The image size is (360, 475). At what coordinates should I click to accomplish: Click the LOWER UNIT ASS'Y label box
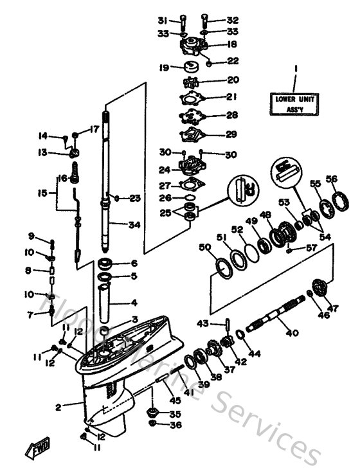[294, 104]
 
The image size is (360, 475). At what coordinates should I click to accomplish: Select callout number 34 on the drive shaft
[133, 224]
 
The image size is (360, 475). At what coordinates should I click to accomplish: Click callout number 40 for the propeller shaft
[292, 334]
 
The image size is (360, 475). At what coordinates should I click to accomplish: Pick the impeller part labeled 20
[192, 82]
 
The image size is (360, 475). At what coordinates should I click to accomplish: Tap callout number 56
[332, 179]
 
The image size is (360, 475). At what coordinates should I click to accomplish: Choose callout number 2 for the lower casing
[57, 406]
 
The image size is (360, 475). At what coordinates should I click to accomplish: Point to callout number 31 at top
[163, 20]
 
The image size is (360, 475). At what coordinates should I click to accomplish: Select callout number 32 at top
[232, 20]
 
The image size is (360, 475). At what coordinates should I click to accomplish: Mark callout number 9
[31, 236]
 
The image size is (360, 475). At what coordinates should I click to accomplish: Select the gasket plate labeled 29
[193, 134]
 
